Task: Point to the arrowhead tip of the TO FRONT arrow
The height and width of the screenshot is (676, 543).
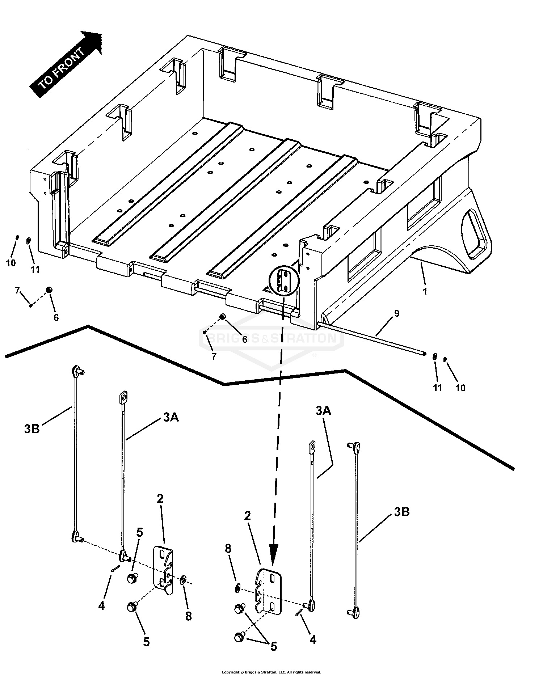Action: (102, 33)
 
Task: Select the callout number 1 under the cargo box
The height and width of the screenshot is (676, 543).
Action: (425, 291)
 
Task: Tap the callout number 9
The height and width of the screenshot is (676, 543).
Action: (397, 313)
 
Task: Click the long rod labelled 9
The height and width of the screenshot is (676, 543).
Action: (373, 335)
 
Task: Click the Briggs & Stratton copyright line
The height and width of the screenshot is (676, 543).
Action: (271, 672)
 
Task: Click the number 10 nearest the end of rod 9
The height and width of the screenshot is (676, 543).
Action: (460, 388)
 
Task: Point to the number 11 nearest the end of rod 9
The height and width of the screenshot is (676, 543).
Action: (438, 388)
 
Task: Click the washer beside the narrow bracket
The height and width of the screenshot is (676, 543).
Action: (182, 580)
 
